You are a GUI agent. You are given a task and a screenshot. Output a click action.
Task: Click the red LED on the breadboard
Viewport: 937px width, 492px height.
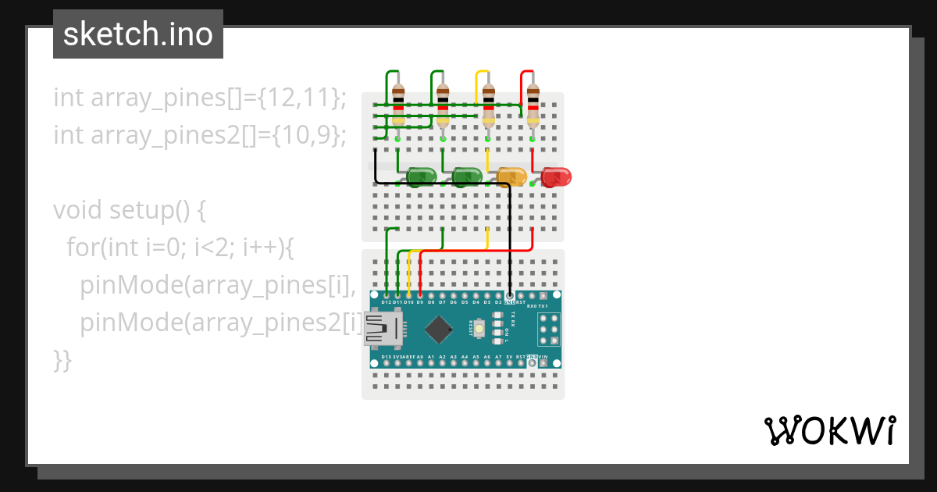pyautogui.click(x=557, y=176)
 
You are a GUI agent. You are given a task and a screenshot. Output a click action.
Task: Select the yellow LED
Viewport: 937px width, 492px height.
pyautogui.click(x=512, y=176)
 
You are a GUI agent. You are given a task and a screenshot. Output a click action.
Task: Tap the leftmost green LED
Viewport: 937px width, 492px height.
pyautogui.click(x=422, y=176)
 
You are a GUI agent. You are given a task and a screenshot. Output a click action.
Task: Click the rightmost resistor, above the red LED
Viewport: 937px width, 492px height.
pyautogui.click(x=533, y=105)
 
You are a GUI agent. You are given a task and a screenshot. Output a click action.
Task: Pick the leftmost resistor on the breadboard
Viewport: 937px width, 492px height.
pyautogui.click(x=398, y=105)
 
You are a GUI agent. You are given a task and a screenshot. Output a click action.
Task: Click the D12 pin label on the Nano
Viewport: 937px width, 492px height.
pyautogui.click(x=387, y=301)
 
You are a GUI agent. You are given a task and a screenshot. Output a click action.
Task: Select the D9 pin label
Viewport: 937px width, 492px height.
pyautogui.click(x=420, y=301)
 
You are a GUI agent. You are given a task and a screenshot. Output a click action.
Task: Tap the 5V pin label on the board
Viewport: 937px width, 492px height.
pyautogui.click(x=509, y=357)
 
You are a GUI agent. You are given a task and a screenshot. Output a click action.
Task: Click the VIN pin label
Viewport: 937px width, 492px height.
pyautogui.click(x=543, y=357)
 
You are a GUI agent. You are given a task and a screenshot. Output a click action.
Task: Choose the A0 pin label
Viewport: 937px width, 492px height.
pyautogui.click(x=420, y=357)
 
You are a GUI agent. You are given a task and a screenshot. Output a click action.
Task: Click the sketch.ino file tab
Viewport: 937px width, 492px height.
pyautogui.click(x=138, y=34)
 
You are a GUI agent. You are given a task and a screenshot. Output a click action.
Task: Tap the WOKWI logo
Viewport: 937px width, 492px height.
pyautogui.click(x=829, y=430)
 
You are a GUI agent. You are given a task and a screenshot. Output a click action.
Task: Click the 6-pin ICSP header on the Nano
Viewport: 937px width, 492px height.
pyautogui.click(x=548, y=329)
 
